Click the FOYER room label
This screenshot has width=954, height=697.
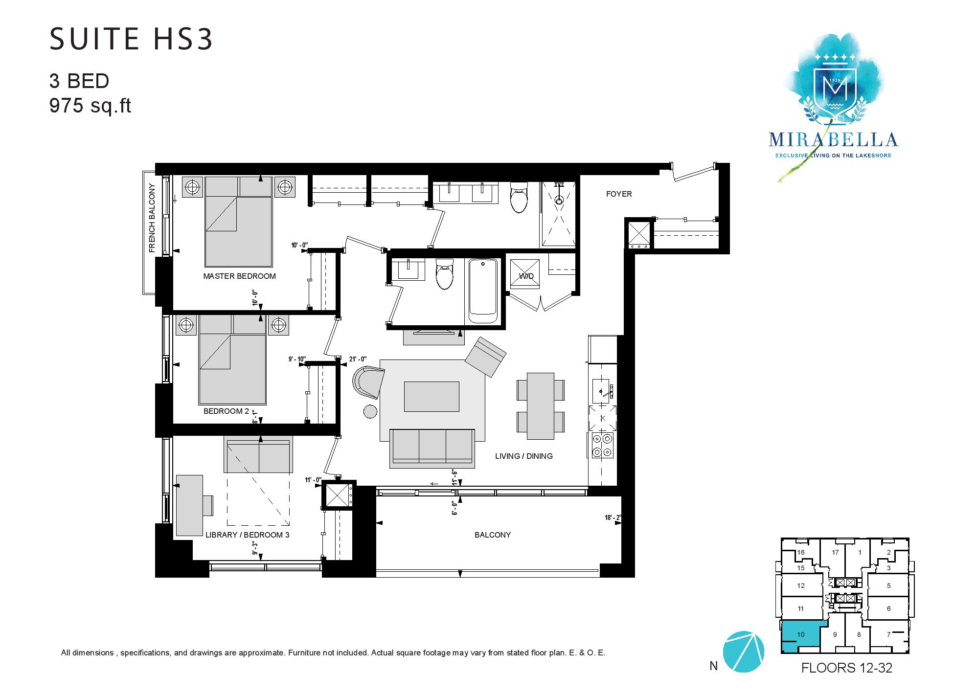click(x=619, y=194)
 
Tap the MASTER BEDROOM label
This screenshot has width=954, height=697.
click(x=239, y=276)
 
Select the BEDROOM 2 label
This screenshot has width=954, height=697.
click(x=226, y=411)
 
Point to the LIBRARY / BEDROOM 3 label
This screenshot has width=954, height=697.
click(x=248, y=535)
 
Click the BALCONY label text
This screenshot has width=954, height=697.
click(x=493, y=535)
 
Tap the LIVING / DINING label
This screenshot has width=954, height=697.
click(x=524, y=456)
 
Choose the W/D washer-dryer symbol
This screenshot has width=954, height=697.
click(x=525, y=276)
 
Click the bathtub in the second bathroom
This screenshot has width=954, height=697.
click(x=483, y=292)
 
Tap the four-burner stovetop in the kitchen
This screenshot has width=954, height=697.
click(x=602, y=445)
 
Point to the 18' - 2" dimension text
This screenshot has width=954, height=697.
click(x=613, y=517)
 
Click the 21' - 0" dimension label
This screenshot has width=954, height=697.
click(x=357, y=360)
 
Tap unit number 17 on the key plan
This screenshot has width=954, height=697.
click(x=835, y=553)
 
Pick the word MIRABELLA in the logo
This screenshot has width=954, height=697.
click(x=833, y=139)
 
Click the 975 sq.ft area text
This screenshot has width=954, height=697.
click(x=90, y=106)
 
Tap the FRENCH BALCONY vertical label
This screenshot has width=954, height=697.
click(x=152, y=218)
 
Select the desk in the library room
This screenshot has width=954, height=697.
click(x=190, y=505)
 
